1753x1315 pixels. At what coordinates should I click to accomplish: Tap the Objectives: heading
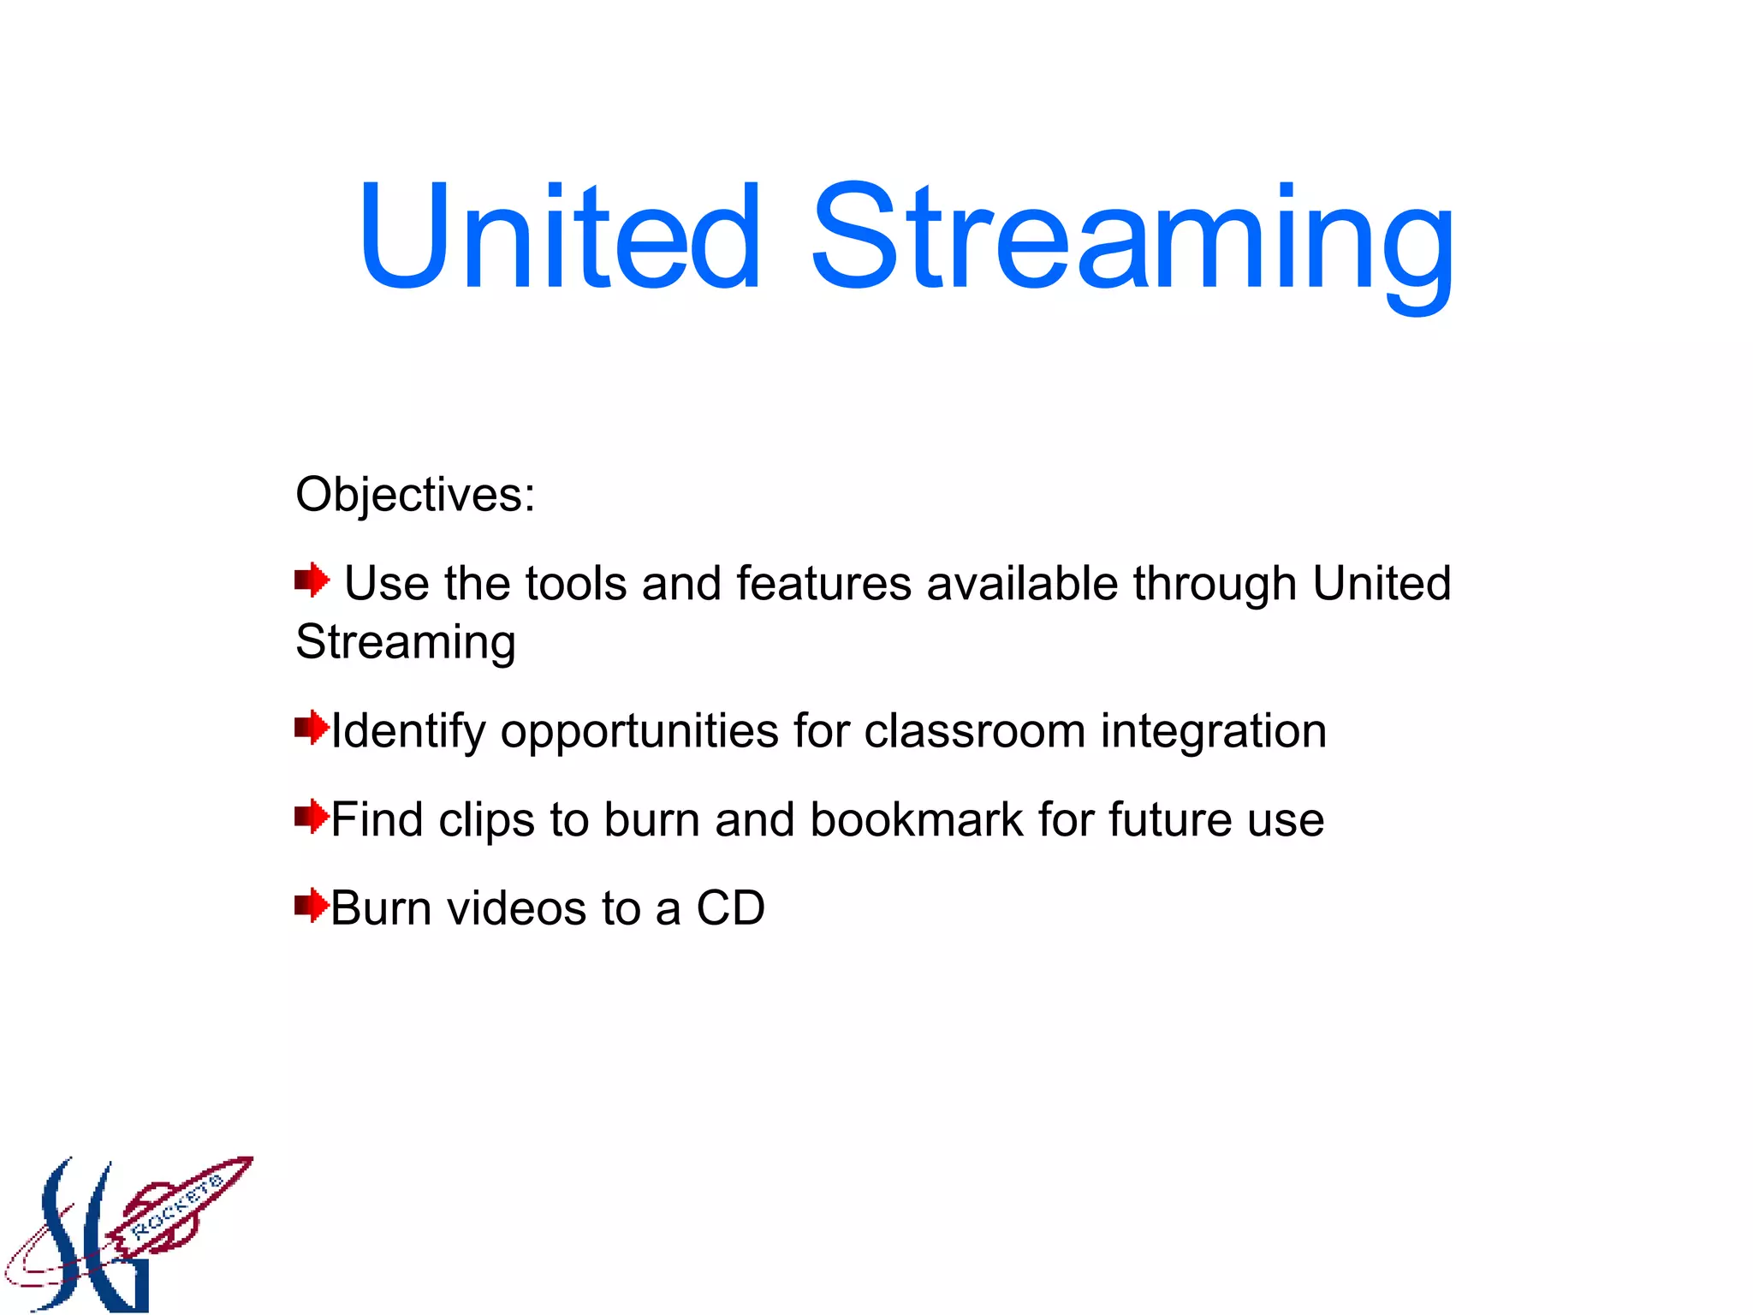click(415, 495)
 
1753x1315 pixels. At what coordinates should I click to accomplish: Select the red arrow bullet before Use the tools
click(312, 580)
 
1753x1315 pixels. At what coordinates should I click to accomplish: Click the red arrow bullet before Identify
click(312, 728)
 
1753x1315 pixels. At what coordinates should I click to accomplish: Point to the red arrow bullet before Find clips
click(312, 817)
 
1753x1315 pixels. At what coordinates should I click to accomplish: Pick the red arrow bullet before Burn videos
click(312, 905)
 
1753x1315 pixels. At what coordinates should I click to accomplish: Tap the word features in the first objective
click(823, 584)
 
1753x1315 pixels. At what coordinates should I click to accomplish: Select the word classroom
click(974, 731)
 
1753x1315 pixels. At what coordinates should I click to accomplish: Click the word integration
click(1213, 731)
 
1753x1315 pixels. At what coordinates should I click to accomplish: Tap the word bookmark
click(916, 819)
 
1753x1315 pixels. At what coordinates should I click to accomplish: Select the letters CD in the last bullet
click(730, 908)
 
